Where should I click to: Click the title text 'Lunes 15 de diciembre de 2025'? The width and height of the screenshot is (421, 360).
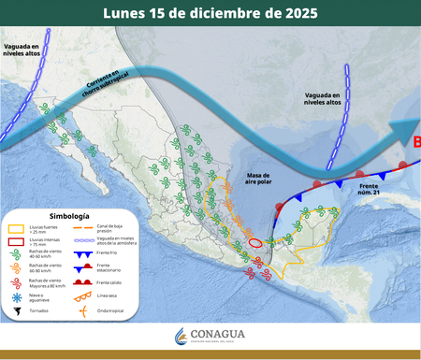point(210,14)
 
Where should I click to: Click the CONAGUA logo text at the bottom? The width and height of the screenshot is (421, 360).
point(224,335)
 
